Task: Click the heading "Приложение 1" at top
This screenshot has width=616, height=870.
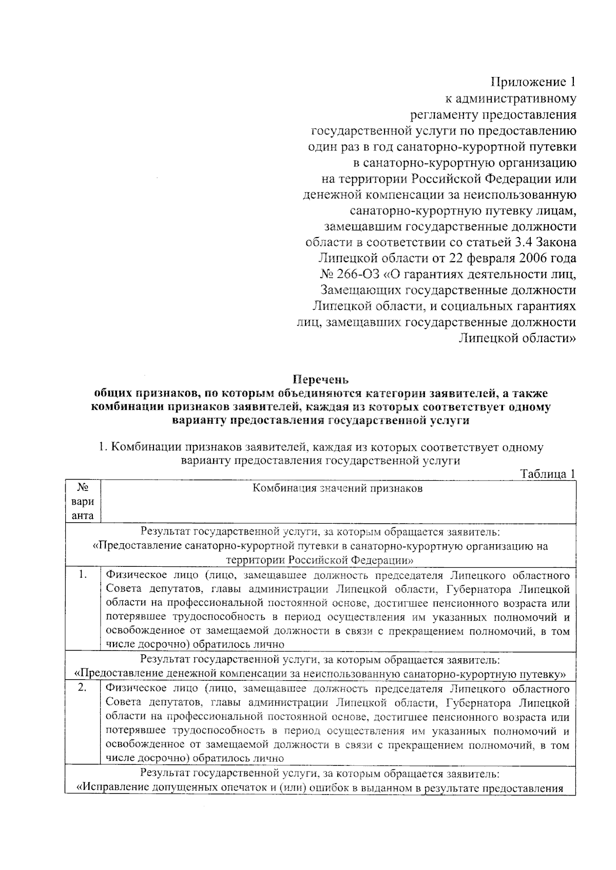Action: [x=533, y=82]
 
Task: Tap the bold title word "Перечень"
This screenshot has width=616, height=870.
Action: [x=321, y=380]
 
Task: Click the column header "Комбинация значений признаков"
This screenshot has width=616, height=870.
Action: [x=337, y=488]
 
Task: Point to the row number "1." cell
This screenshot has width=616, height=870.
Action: [x=83, y=575]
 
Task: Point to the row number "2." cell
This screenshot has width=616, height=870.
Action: [x=83, y=688]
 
